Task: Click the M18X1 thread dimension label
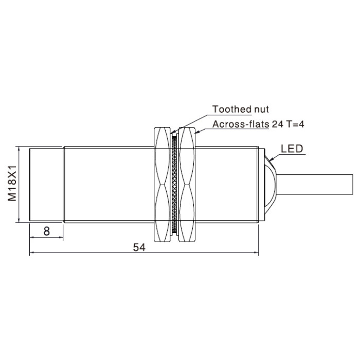[12, 183]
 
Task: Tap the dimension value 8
[47, 231]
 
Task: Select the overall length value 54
[139, 247]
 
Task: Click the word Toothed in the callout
[232, 109]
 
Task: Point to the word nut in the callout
[261, 109]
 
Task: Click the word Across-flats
[241, 124]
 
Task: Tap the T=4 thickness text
[295, 124]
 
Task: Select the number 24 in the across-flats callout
[277, 124]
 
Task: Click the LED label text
[292, 149]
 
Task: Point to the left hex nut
[163, 184]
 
